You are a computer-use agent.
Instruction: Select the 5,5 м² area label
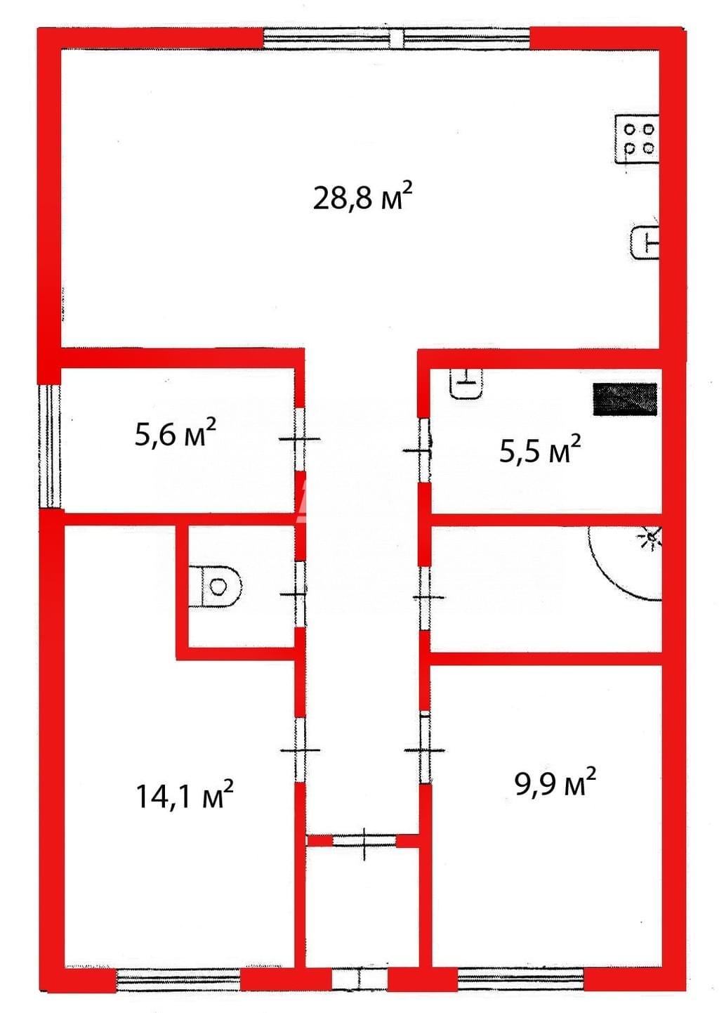point(539,450)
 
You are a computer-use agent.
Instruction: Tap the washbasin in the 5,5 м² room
point(466,383)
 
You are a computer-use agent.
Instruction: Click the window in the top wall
point(396,39)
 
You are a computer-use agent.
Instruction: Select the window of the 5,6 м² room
point(49,446)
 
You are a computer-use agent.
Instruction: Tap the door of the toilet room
point(300,594)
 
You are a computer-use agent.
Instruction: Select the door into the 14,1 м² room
point(300,750)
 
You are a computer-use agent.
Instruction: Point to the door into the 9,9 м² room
point(425,750)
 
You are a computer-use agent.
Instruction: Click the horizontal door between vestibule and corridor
point(364,841)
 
